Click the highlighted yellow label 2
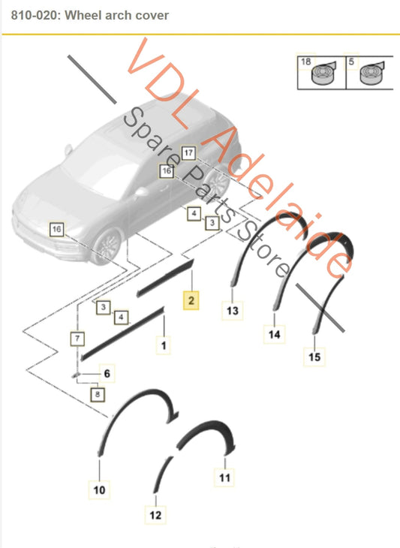click(x=191, y=301)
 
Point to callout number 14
click(x=274, y=334)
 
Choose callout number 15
click(x=314, y=357)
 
